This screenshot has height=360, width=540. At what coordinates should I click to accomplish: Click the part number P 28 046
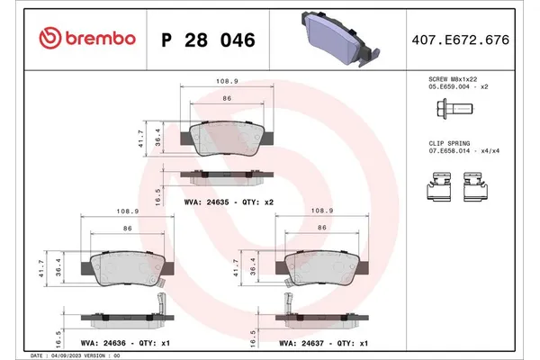coord(208,40)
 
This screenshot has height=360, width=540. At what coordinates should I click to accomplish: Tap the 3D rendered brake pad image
coord(337,40)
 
